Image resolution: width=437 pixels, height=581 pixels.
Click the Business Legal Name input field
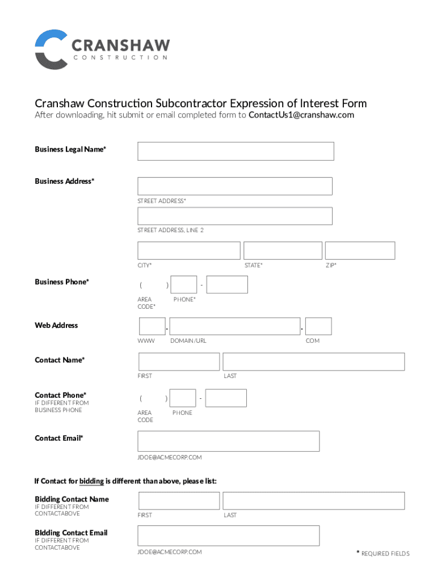[236, 151]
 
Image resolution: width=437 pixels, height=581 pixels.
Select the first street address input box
[234, 186]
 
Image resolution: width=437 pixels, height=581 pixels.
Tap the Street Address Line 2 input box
[234, 216]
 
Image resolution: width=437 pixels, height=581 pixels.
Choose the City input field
[188, 251]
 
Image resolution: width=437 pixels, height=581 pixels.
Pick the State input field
[283, 251]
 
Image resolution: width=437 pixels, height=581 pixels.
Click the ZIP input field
[360, 251]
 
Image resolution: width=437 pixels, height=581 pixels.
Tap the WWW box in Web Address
[152, 326]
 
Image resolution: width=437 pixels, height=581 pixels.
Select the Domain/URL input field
[235, 326]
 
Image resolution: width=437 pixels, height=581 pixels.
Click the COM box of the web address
[318, 326]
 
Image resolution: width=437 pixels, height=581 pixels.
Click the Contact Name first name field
[179, 361]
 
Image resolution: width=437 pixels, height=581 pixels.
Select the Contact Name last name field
[313, 361]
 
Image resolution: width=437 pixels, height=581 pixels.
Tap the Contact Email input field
[228, 441]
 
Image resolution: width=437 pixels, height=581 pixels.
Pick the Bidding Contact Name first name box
[179, 500]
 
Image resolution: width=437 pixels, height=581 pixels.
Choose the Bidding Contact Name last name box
[313, 500]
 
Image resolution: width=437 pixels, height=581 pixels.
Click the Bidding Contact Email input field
[228, 536]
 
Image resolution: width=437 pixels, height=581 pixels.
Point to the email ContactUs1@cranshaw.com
[301, 115]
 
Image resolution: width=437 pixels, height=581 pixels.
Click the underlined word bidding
[91, 481]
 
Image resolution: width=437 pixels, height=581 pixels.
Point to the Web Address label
[56, 325]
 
